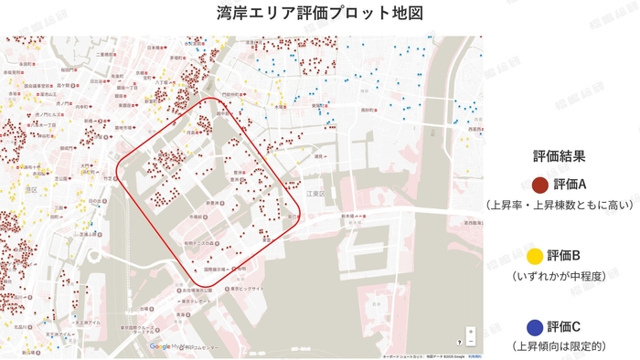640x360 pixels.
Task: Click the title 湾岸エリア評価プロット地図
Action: click(x=320, y=15)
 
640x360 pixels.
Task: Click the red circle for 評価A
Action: click(x=538, y=185)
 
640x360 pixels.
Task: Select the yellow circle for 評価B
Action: click(x=538, y=255)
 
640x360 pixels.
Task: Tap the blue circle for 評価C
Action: click(x=538, y=326)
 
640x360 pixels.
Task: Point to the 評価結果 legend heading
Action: click(x=559, y=156)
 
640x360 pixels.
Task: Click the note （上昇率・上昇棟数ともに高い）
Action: click(x=559, y=205)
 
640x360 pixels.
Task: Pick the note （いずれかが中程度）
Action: click(x=559, y=275)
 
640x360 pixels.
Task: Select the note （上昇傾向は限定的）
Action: click(x=559, y=346)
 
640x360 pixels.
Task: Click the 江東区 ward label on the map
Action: click(x=316, y=194)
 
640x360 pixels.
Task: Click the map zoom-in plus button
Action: click(x=471, y=332)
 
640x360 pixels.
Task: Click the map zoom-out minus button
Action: click(x=471, y=342)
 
